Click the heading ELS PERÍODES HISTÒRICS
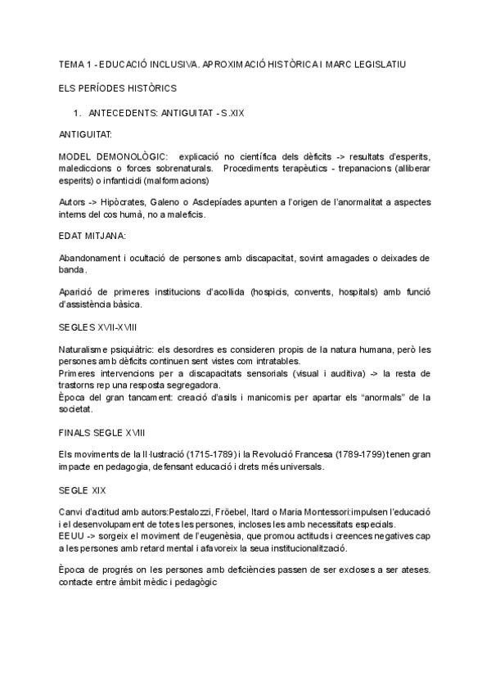[117, 87]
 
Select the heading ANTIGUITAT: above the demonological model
[87, 133]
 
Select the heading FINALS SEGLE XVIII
[103, 430]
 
